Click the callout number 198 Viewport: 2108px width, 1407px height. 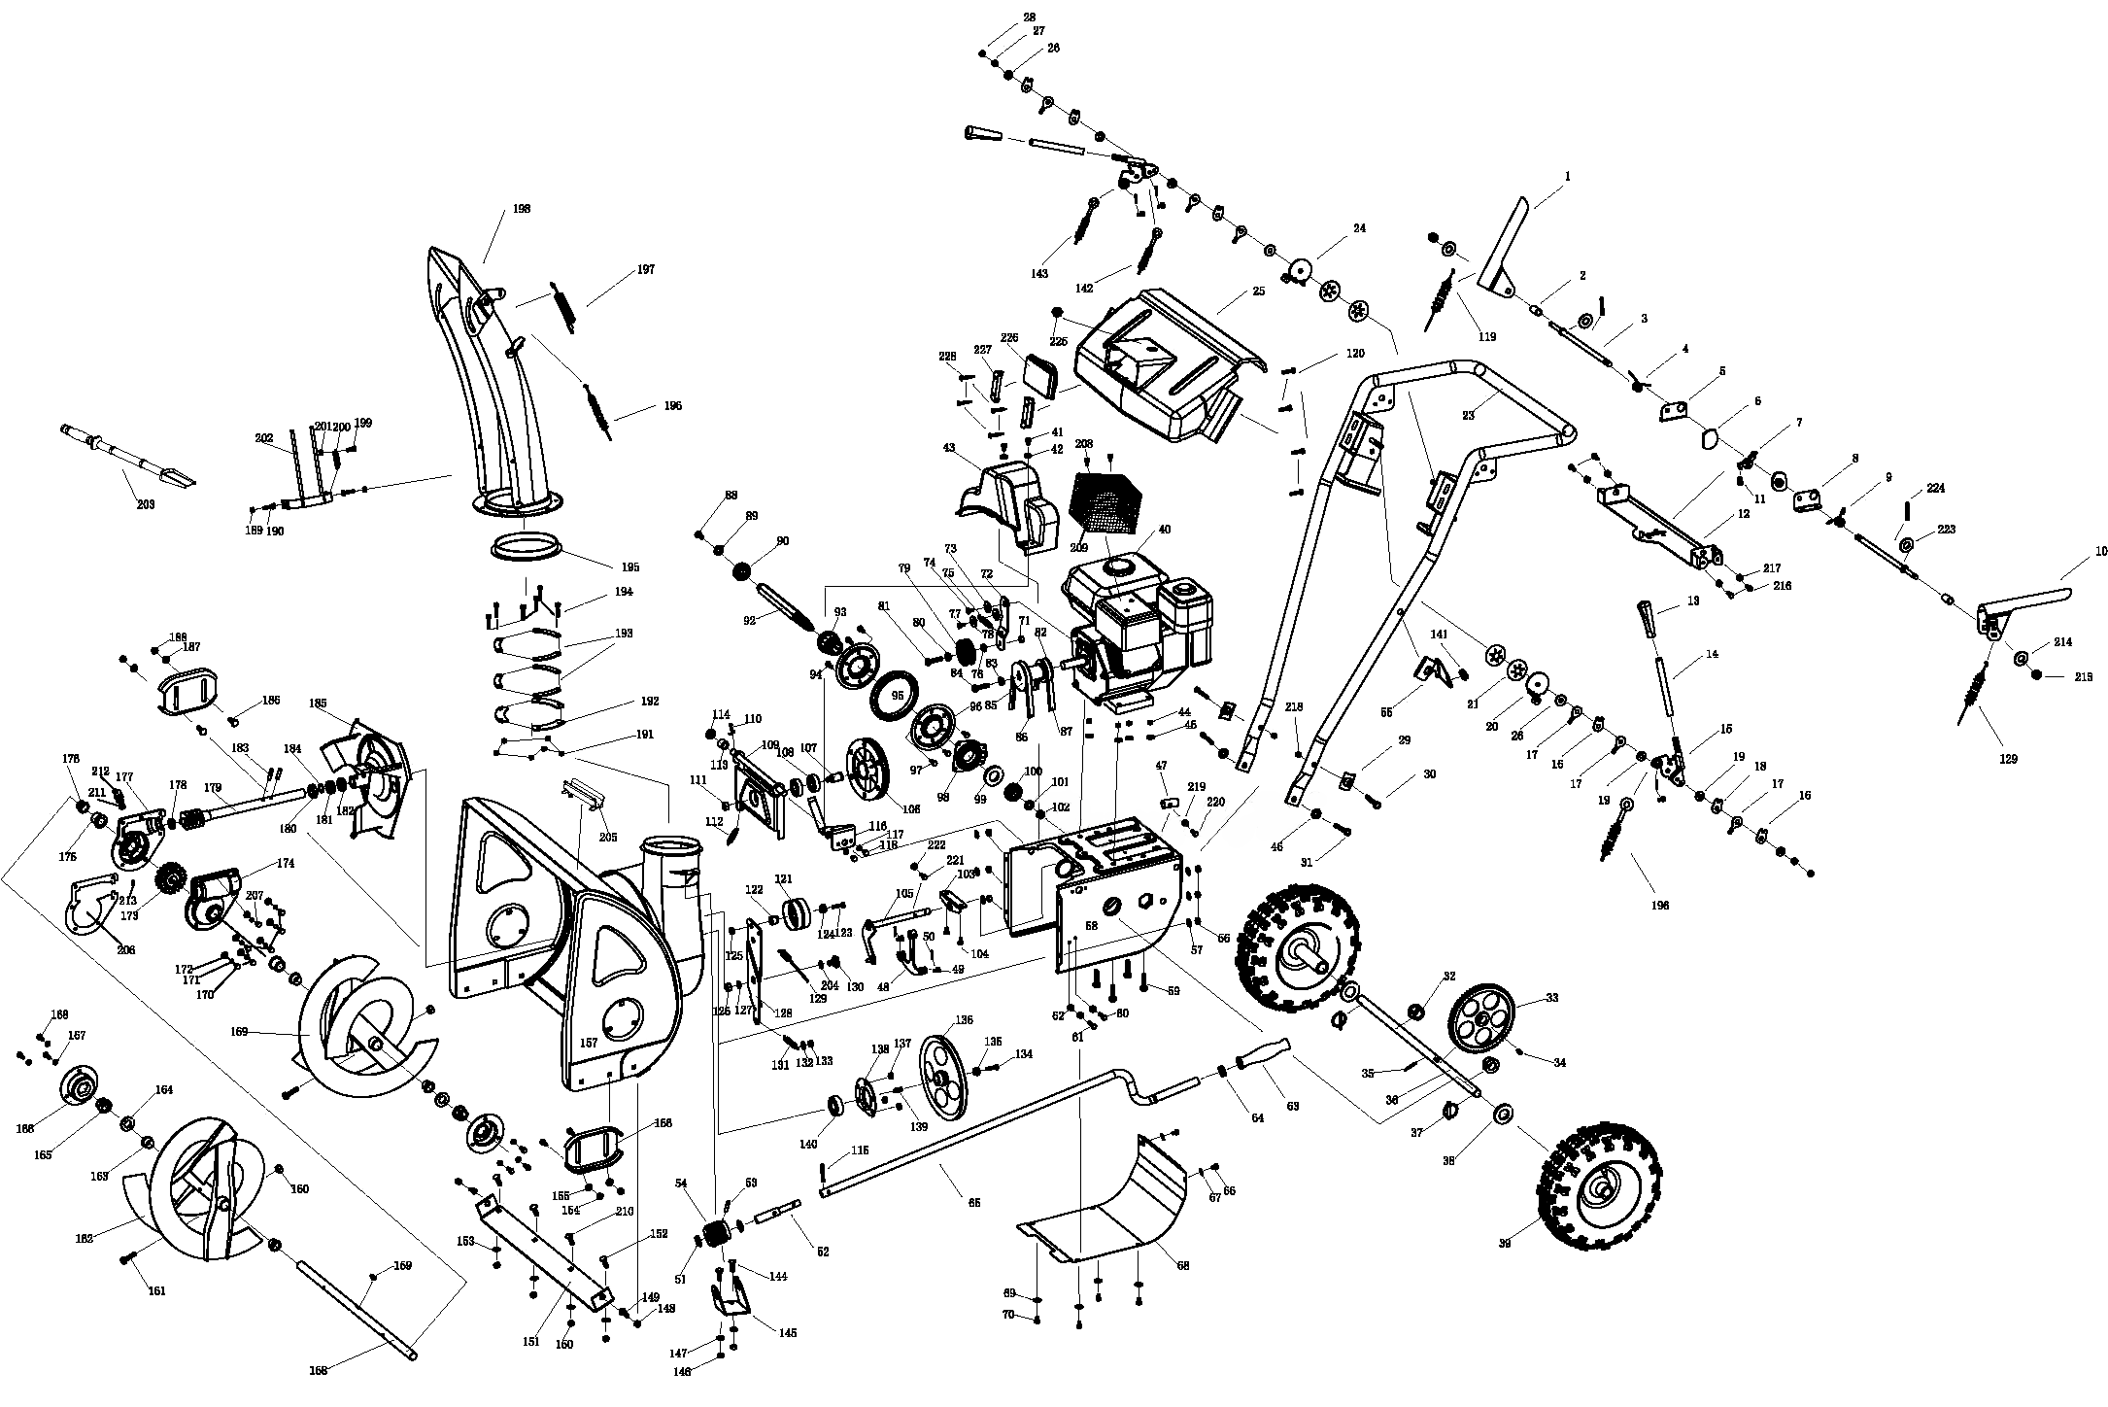click(x=523, y=209)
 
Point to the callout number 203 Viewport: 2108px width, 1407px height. click(x=146, y=504)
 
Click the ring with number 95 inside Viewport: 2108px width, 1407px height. click(x=897, y=695)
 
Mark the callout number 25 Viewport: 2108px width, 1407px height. click(x=1259, y=292)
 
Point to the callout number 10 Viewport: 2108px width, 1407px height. click(x=2100, y=551)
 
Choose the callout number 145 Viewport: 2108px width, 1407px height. click(x=787, y=1332)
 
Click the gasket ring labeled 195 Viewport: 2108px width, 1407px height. click(x=527, y=546)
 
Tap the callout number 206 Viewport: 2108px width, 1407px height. click(x=125, y=950)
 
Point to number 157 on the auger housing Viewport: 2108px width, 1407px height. click(x=589, y=1043)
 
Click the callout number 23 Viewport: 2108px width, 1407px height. click(x=1468, y=415)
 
